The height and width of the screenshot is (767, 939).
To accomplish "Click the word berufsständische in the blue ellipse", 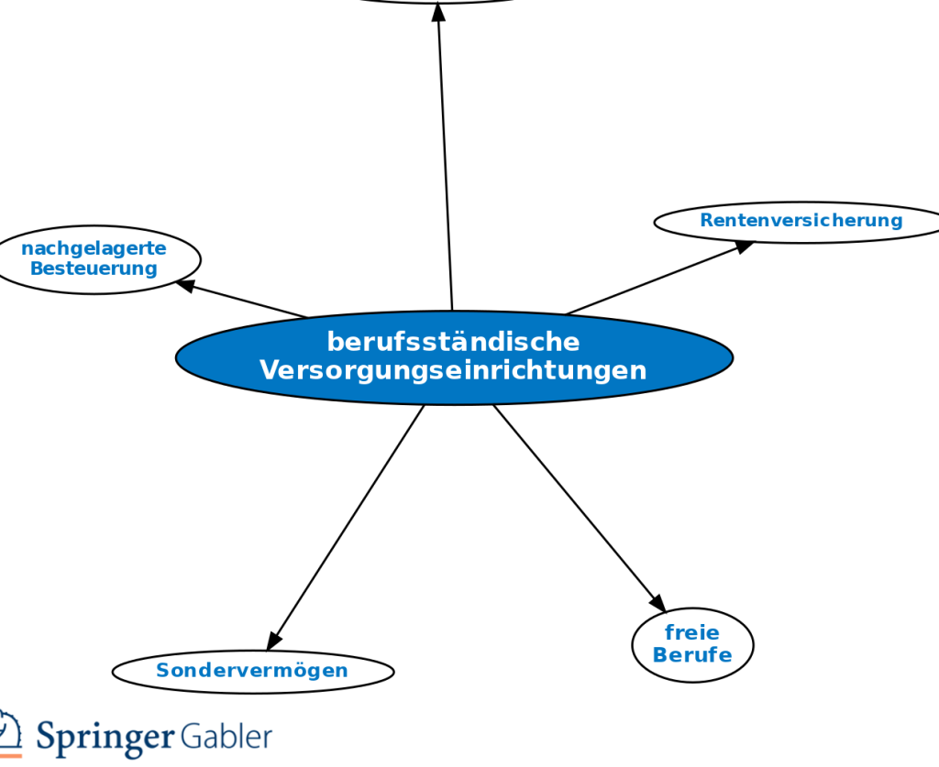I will tap(453, 342).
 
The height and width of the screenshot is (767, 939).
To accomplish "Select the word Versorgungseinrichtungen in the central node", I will tap(453, 370).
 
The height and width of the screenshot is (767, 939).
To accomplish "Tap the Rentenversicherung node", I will tap(801, 221).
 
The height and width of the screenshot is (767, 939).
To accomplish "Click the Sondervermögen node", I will tap(252, 671).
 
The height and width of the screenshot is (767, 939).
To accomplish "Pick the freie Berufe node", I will tap(692, 644).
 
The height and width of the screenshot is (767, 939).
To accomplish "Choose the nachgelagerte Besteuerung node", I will tap(94, 258).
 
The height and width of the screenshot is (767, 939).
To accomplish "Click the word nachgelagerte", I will tap(94, 248).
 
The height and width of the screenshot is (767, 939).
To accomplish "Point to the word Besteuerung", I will tap(94, 268).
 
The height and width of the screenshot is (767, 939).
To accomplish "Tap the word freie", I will tap(692, 632).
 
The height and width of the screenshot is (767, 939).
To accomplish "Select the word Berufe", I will tap(692, 655).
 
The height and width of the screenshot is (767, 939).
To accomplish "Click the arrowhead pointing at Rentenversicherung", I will tap(744, 246).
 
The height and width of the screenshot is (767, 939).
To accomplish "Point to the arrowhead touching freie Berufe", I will tap(657, 603).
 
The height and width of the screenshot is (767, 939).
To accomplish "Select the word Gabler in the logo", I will tap(226, 735).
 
